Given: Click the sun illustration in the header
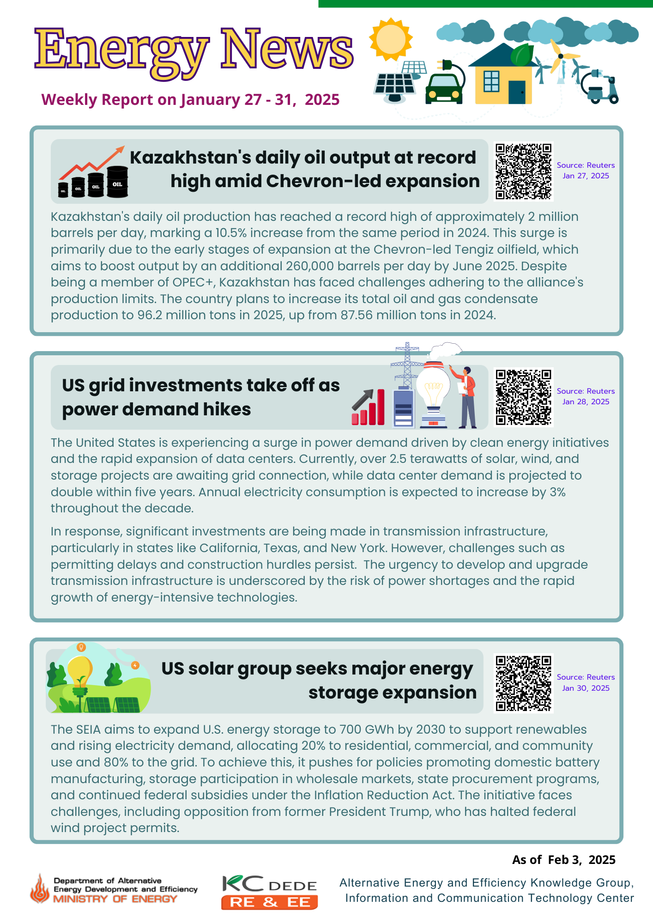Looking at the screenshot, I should point(391,40).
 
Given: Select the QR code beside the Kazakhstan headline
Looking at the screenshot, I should point(523,171).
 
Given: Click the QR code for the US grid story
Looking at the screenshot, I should point(523,397).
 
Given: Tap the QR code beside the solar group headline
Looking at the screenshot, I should point(523,683).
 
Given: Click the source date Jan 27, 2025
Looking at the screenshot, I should point(586,176).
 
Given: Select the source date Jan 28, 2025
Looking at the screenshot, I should point(586,402).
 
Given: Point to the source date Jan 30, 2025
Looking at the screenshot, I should point(586,688).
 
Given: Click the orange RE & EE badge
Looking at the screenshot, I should point(269,902).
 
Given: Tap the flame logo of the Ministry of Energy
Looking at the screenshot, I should point(40,889).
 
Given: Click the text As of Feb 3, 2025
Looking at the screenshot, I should point(563,860).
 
